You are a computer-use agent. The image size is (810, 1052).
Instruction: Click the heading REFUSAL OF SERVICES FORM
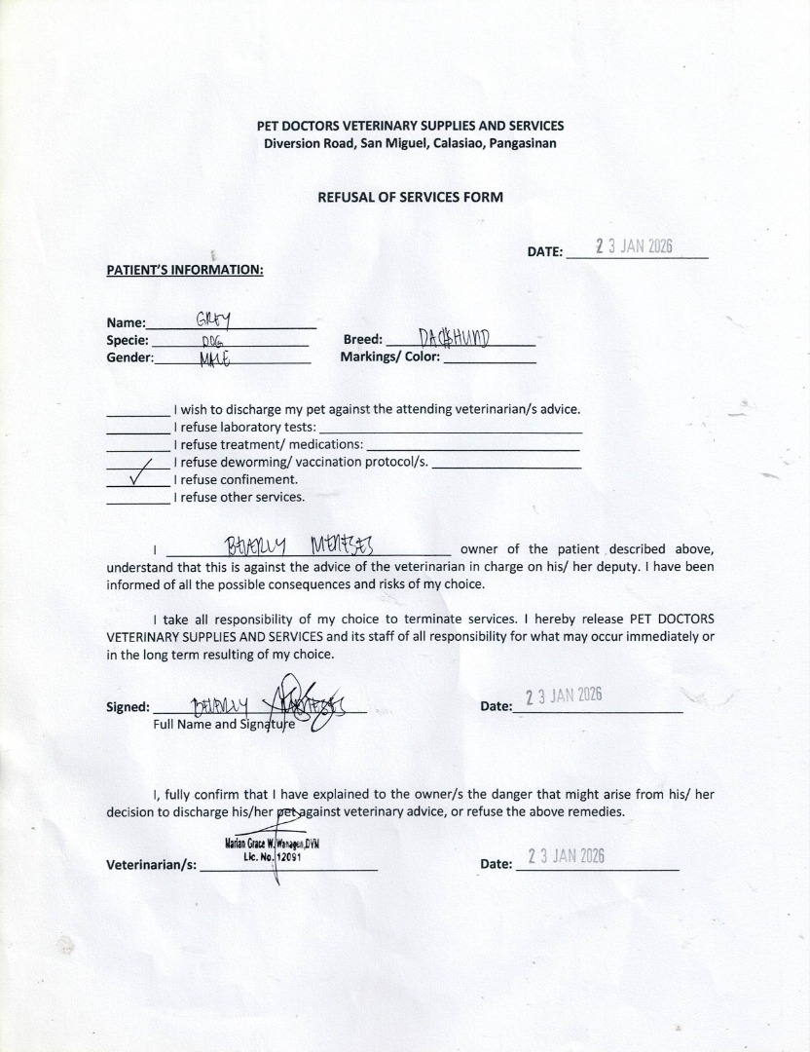[x=410, y=197]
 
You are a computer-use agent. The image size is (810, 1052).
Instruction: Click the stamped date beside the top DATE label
[x=634, y=246]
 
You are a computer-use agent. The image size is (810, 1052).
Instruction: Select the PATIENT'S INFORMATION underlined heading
[x=185, y=270]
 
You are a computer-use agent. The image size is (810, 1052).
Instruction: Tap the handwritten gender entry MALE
[x=213, y=358]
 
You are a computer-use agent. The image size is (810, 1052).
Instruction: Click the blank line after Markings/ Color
[x=489, y=357]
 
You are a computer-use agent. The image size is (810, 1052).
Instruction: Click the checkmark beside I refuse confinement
[x=137, y=479]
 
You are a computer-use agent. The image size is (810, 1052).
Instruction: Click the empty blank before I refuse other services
[x=137, y=497]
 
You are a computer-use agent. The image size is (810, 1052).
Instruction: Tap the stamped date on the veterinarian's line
[x=566, y=856]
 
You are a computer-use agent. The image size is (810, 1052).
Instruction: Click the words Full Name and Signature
[x=224, y=725]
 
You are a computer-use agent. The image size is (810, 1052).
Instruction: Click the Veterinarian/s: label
[x=151, y=865]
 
